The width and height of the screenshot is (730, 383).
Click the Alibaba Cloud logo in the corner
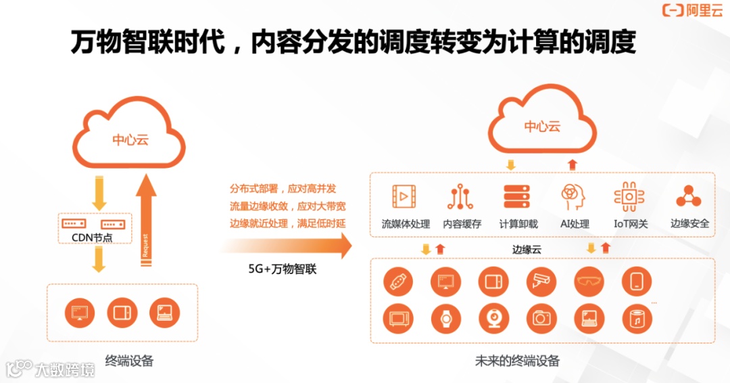pos(691,10)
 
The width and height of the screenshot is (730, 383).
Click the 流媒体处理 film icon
pos(404,196)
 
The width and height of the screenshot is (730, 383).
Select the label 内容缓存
pos(462,223)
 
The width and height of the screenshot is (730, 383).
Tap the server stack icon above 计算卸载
pos(517,196)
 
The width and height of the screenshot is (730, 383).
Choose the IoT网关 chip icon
pos(629,196)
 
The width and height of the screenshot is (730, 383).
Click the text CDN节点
pos(93,238)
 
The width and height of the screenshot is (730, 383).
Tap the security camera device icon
pos(541,281)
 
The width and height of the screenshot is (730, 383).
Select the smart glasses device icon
pos(589,281)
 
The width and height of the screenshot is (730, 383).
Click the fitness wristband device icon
pos(397,281)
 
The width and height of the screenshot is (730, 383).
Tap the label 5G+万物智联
pos(282,269)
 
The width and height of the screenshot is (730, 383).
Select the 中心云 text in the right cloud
pos(542,127)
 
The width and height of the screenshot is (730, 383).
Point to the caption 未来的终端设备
pos(517,361)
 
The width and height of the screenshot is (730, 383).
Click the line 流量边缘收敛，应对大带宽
pos(287,205)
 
